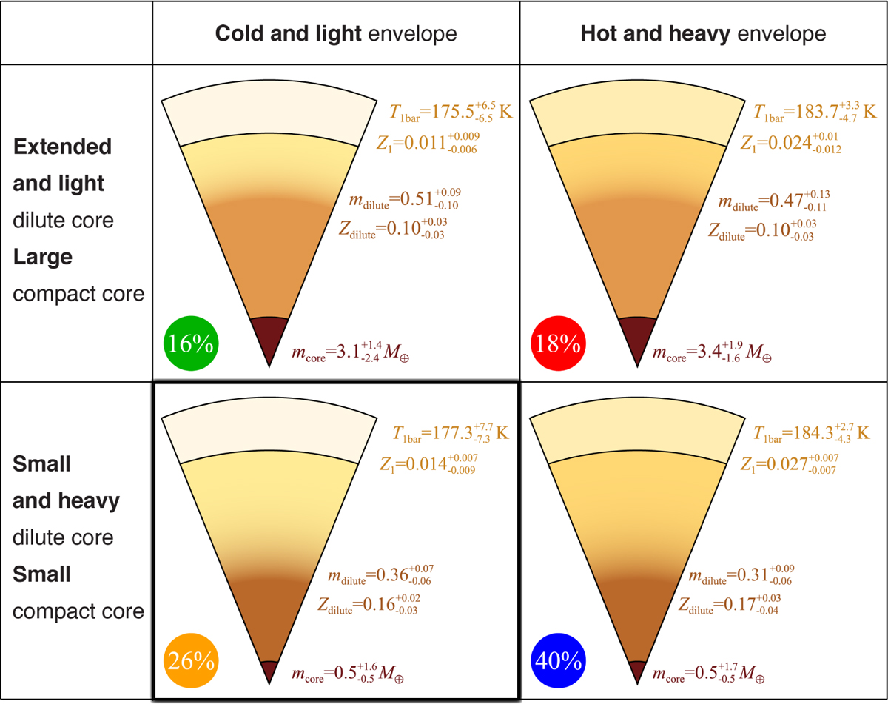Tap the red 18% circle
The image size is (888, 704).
coord(558,345)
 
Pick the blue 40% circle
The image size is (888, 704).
coord(558,660)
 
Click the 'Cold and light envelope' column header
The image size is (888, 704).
coord(336,33)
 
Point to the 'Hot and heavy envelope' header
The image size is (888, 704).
coord(702,33)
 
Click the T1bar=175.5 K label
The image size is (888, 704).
coord(451,113)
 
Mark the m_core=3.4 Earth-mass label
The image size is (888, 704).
coord(709,353)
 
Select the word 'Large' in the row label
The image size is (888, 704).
coord(42,258)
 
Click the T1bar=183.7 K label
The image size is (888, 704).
coord(815,113)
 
